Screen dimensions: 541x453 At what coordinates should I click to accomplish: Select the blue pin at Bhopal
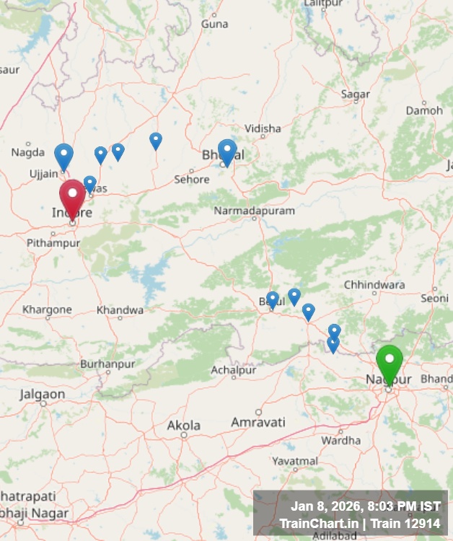[227, 152]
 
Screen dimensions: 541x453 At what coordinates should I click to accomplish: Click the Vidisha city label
[263, 128]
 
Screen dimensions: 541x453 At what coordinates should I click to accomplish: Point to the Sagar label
[355, 94]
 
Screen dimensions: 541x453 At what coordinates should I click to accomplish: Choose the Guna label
[214, 24]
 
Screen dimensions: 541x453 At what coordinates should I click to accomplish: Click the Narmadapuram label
[254, 211]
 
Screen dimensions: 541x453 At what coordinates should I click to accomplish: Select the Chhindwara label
[374, 285]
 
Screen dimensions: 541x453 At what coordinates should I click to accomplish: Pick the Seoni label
[434, 298]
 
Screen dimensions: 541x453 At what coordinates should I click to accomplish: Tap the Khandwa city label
[120, 310]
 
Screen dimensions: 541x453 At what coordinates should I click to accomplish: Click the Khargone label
[47, 309]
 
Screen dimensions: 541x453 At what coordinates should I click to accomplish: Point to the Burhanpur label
[107, 364]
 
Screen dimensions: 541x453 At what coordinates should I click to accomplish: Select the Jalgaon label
[42, 395]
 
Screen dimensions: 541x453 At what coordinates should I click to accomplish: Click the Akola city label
[183, 426]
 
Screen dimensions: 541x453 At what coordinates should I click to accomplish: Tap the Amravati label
[258, 422]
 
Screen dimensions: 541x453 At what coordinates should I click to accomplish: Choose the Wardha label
[340, 440]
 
